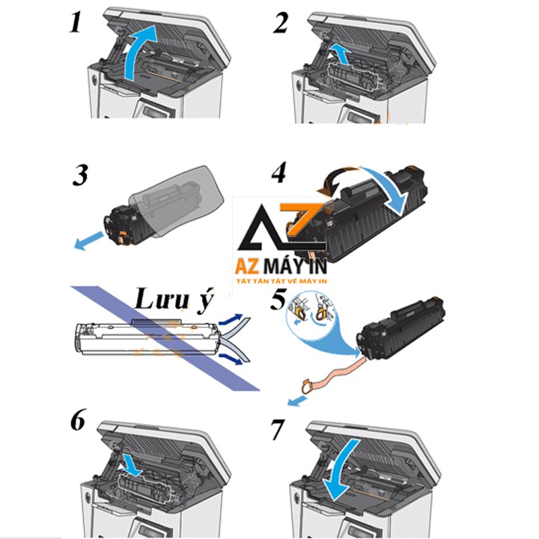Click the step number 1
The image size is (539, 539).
(x=76, y=22)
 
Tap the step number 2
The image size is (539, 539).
(x=281, y=23)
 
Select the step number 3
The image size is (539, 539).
(x=80, y=175)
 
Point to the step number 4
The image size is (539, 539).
(x=278, y=172)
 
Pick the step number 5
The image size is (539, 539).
(x=278, y=299)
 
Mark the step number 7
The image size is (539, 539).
(x=278, y=430)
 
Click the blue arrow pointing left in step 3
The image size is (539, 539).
(x=88, y=240)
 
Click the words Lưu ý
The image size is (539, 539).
(x=174, y=299)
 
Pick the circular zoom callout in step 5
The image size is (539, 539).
(x=311, y=312)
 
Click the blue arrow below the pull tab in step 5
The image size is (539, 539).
(x=296, y=401)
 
